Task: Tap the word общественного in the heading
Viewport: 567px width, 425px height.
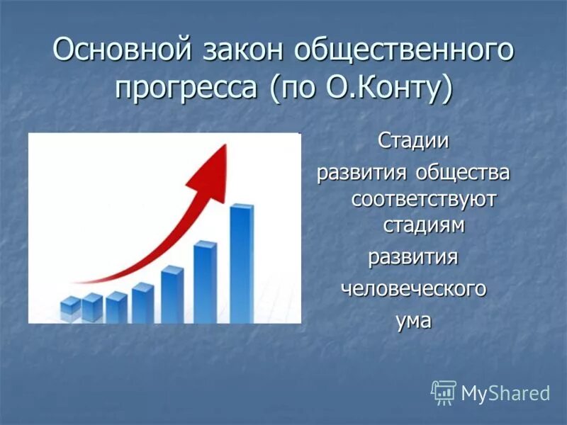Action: pyautogui.click(x=404, y=52)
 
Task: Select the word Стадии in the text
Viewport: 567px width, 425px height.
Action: pyautogui.click(x=413, y=140)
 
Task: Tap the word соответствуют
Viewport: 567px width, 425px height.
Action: pyautogui.click(x=423, y=198)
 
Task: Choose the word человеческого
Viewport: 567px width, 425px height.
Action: pyautogui.click(x=415, y=288)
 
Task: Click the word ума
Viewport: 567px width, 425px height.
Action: pyautogui.click(x=413, y=319)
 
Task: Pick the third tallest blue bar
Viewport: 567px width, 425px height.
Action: pyautogui.click(x=172, y=295)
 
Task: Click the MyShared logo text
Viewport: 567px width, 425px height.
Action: pyautogui.click(x=505, y=393)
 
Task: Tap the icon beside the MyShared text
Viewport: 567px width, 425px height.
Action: pyautogui.click(x=444, y=392)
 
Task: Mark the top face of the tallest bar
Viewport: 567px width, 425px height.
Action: pyautogui.click(x=242, y=206)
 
